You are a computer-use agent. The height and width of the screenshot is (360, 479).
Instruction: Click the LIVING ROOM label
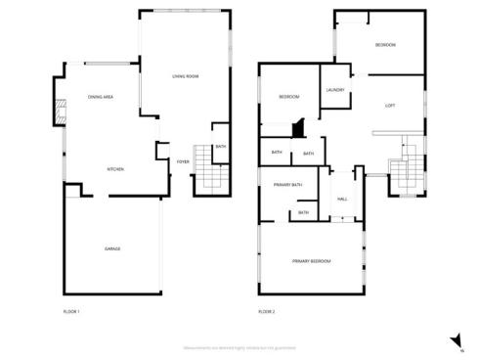click(x=186, y=76)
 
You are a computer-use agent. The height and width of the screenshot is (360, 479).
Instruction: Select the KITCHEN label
click(x=114, y=169)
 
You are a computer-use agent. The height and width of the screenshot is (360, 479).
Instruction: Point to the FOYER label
click(x=182, y=161)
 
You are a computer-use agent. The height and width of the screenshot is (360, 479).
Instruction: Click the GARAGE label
click(x=112, y=249)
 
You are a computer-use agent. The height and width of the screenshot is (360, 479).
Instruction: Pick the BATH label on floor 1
click(x=221, y=146)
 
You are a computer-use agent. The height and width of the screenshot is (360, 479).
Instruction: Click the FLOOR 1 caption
click(x=70, y=311)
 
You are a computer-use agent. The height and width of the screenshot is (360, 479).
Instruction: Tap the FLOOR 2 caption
click(x=267, y=311)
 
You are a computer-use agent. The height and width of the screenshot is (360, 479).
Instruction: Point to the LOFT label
click(x=390, y=106)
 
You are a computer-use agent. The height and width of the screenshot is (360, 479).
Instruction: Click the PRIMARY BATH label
click(x=287, y=185)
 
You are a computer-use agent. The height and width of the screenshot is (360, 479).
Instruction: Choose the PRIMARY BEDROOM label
click(x=312, y=261)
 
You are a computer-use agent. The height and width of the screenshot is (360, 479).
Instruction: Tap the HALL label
click(x=342, y=199)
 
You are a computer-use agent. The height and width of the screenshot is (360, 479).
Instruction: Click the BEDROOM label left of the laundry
click(x=288, y=96)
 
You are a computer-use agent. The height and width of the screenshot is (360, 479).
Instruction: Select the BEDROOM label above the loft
click(x=385, y=46)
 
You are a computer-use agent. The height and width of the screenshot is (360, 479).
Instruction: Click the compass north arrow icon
click(x=457, y=339)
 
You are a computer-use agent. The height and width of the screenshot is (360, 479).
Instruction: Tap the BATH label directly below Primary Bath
click(x=303, y=212)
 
